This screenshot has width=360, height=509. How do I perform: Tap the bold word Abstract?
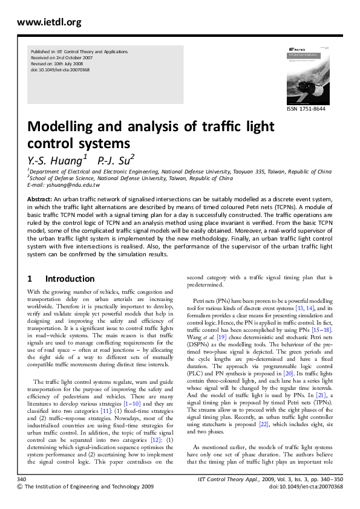coord(39,199)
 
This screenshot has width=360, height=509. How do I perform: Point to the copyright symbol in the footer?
coord(21,503)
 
